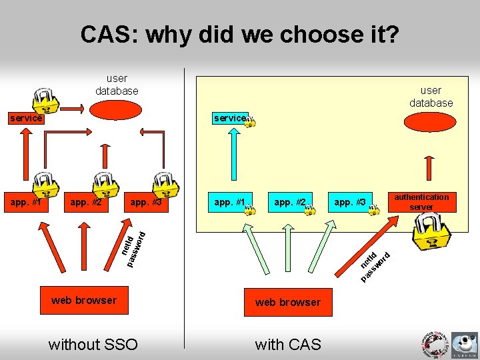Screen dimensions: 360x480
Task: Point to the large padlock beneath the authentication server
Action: coord(431,233)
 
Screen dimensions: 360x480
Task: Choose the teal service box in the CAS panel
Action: coord(231,118)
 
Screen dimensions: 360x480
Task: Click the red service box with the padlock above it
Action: coord(25,118)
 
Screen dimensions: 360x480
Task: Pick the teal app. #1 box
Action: coord(230,202)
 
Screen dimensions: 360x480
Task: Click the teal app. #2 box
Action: coord(290,202)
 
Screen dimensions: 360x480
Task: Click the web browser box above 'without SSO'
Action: coord(83,300)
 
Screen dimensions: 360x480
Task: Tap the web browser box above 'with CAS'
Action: coord(287,302)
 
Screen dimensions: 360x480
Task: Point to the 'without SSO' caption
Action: coord(93,344)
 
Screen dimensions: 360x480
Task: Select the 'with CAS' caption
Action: coord(287,344)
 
